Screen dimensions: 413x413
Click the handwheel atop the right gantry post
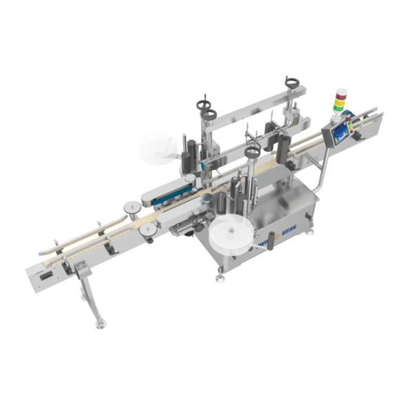293,84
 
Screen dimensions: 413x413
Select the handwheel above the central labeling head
251,151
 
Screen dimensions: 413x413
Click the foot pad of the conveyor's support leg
100,323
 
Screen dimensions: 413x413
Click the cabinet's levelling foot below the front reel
220,279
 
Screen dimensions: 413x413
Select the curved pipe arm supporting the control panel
319,172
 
